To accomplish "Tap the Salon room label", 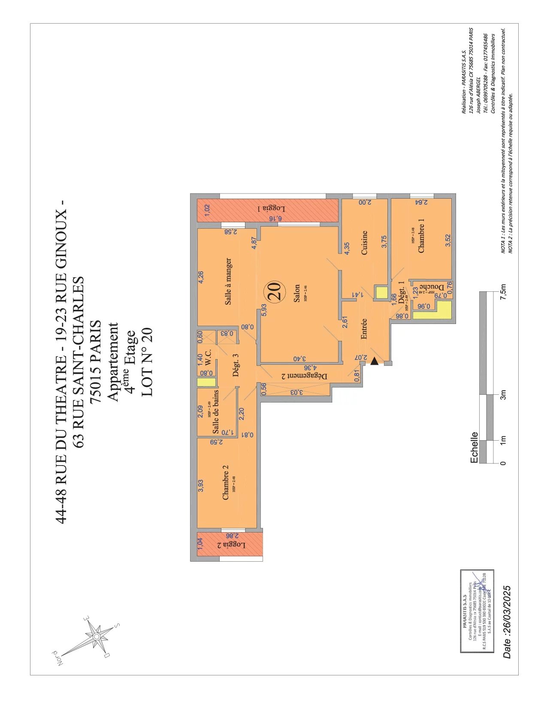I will pyautogui.click(x=297, y=293).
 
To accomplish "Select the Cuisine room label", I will pyautogui.click(x=364, y=243).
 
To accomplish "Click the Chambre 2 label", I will pyautogui.click(x=225, y=482).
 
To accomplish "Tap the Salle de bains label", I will pyautogui.click(x=216, y=411).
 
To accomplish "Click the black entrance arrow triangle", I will pyautogui.click(x=374, y=361).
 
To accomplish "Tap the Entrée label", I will pyautogui.click(x=364, y=329).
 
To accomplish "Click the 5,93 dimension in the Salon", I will pyautogui.click(x=264, y=310).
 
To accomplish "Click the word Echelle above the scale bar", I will pyautogui.click(x=474, y=448).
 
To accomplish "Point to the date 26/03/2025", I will pyautogui.click(x=507, y=622).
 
